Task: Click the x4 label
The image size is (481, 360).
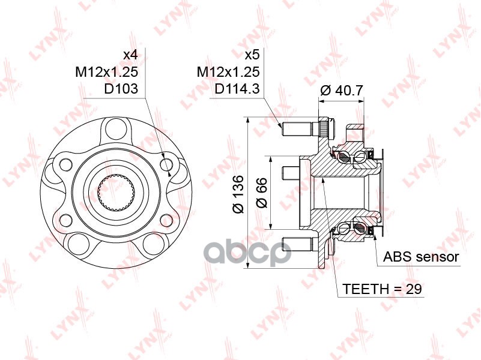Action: click(x=130, y=55)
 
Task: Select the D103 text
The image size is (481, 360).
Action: click(x=121, y=89)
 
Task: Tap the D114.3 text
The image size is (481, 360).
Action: click(x=237, y=89)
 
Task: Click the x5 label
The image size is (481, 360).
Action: click(x=252, y=55)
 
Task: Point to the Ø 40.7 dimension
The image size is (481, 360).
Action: click(x=341, y=91)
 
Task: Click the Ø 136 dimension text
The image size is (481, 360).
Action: click(x=238, y=194)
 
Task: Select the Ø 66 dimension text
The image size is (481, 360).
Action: click(x=262, y=193)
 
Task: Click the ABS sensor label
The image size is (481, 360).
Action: click(x=421, y=257)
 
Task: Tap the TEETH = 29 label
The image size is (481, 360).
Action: click(x=383, y=289)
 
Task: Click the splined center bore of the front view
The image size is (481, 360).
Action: click(x=116, y=193)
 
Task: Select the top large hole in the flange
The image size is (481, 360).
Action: click(x=116, y=128)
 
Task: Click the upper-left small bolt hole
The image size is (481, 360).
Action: click(x=66, y=165)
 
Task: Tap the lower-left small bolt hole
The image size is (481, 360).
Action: click(x=65, y=220)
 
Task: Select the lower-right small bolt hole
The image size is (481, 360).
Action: click(x=166, y=220)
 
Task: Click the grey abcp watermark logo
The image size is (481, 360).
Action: click(x=247, y=253)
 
